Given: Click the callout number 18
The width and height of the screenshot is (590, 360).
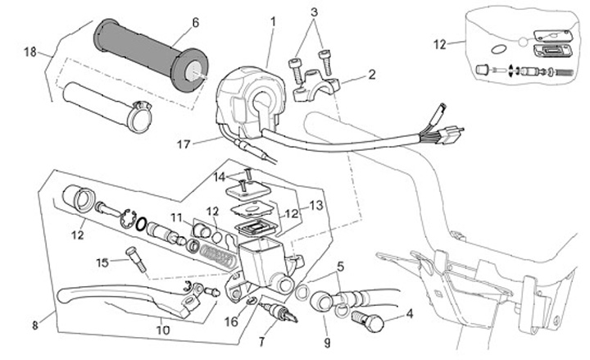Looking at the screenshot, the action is [30, 52].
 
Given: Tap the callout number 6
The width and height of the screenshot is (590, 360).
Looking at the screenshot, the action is [195, 23].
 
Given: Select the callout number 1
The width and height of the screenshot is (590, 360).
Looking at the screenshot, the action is [273, 22].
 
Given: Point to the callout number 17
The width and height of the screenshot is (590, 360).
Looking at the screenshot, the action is [184, 144].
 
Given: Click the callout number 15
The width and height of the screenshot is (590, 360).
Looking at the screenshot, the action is [102, 262].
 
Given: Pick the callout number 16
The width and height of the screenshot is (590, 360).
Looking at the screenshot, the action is [231, 321].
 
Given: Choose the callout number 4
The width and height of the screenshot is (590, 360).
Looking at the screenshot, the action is [410, 313].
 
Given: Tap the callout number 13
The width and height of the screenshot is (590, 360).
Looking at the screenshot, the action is [316, 206].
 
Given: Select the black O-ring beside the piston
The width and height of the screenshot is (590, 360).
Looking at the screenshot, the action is [141, 225].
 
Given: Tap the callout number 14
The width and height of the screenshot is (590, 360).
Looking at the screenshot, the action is [220, 176].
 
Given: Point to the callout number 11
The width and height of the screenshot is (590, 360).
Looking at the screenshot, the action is [176, 218].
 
